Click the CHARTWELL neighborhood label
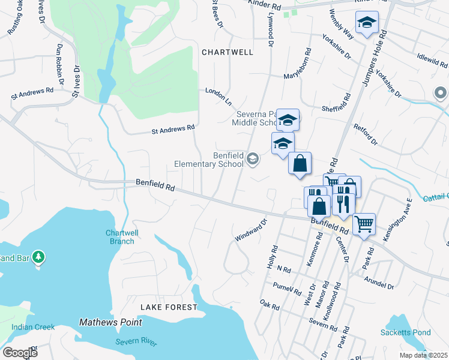coord(227,52)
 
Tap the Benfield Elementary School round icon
coord(253,159)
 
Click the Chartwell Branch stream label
coord(119,237)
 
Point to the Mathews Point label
coord(110,322)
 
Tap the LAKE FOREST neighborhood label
coord(169,307)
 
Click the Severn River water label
coord(136,342)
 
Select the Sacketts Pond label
coord(405,332)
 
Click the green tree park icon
coord(38,257)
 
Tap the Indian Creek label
coord(33,327)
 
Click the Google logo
coord(20,352)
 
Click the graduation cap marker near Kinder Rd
coord(367,23)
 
